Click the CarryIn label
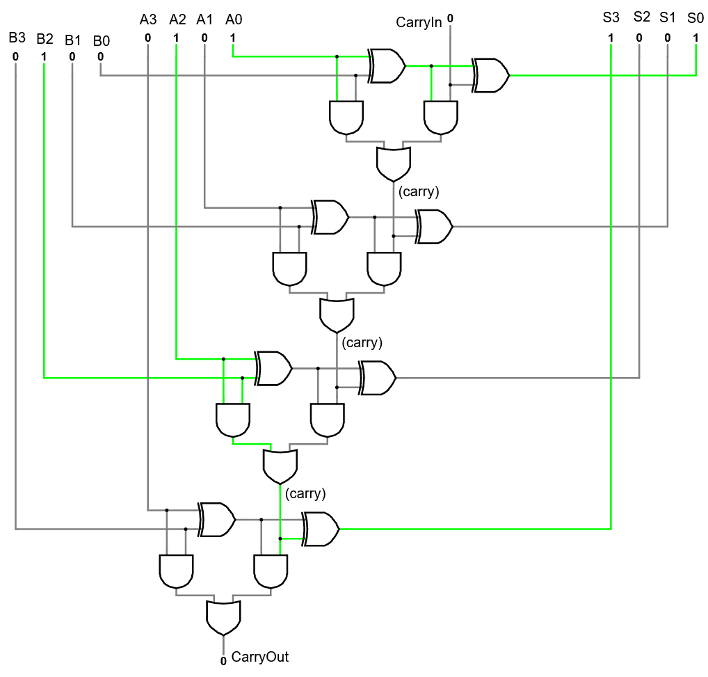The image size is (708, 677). (419, 22)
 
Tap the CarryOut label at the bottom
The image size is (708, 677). (259, 657)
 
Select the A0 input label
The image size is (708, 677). (234, 19)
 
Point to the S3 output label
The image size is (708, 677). (611, 17)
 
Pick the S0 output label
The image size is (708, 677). (695, 17)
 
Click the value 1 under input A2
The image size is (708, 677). (176, 38)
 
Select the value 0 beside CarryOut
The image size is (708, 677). (223, 660)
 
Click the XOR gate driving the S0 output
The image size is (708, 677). (491, 75)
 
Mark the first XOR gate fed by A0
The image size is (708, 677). (387, 66)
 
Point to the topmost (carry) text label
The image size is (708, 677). (418, 191)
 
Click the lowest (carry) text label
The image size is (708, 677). (305, 493)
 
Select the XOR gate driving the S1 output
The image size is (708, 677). (434, 227)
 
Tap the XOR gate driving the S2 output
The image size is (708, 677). (378, 378)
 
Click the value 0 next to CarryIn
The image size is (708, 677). (450, 19)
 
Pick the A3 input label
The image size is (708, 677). (148, 19)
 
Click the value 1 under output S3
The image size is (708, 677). (611, 38)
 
